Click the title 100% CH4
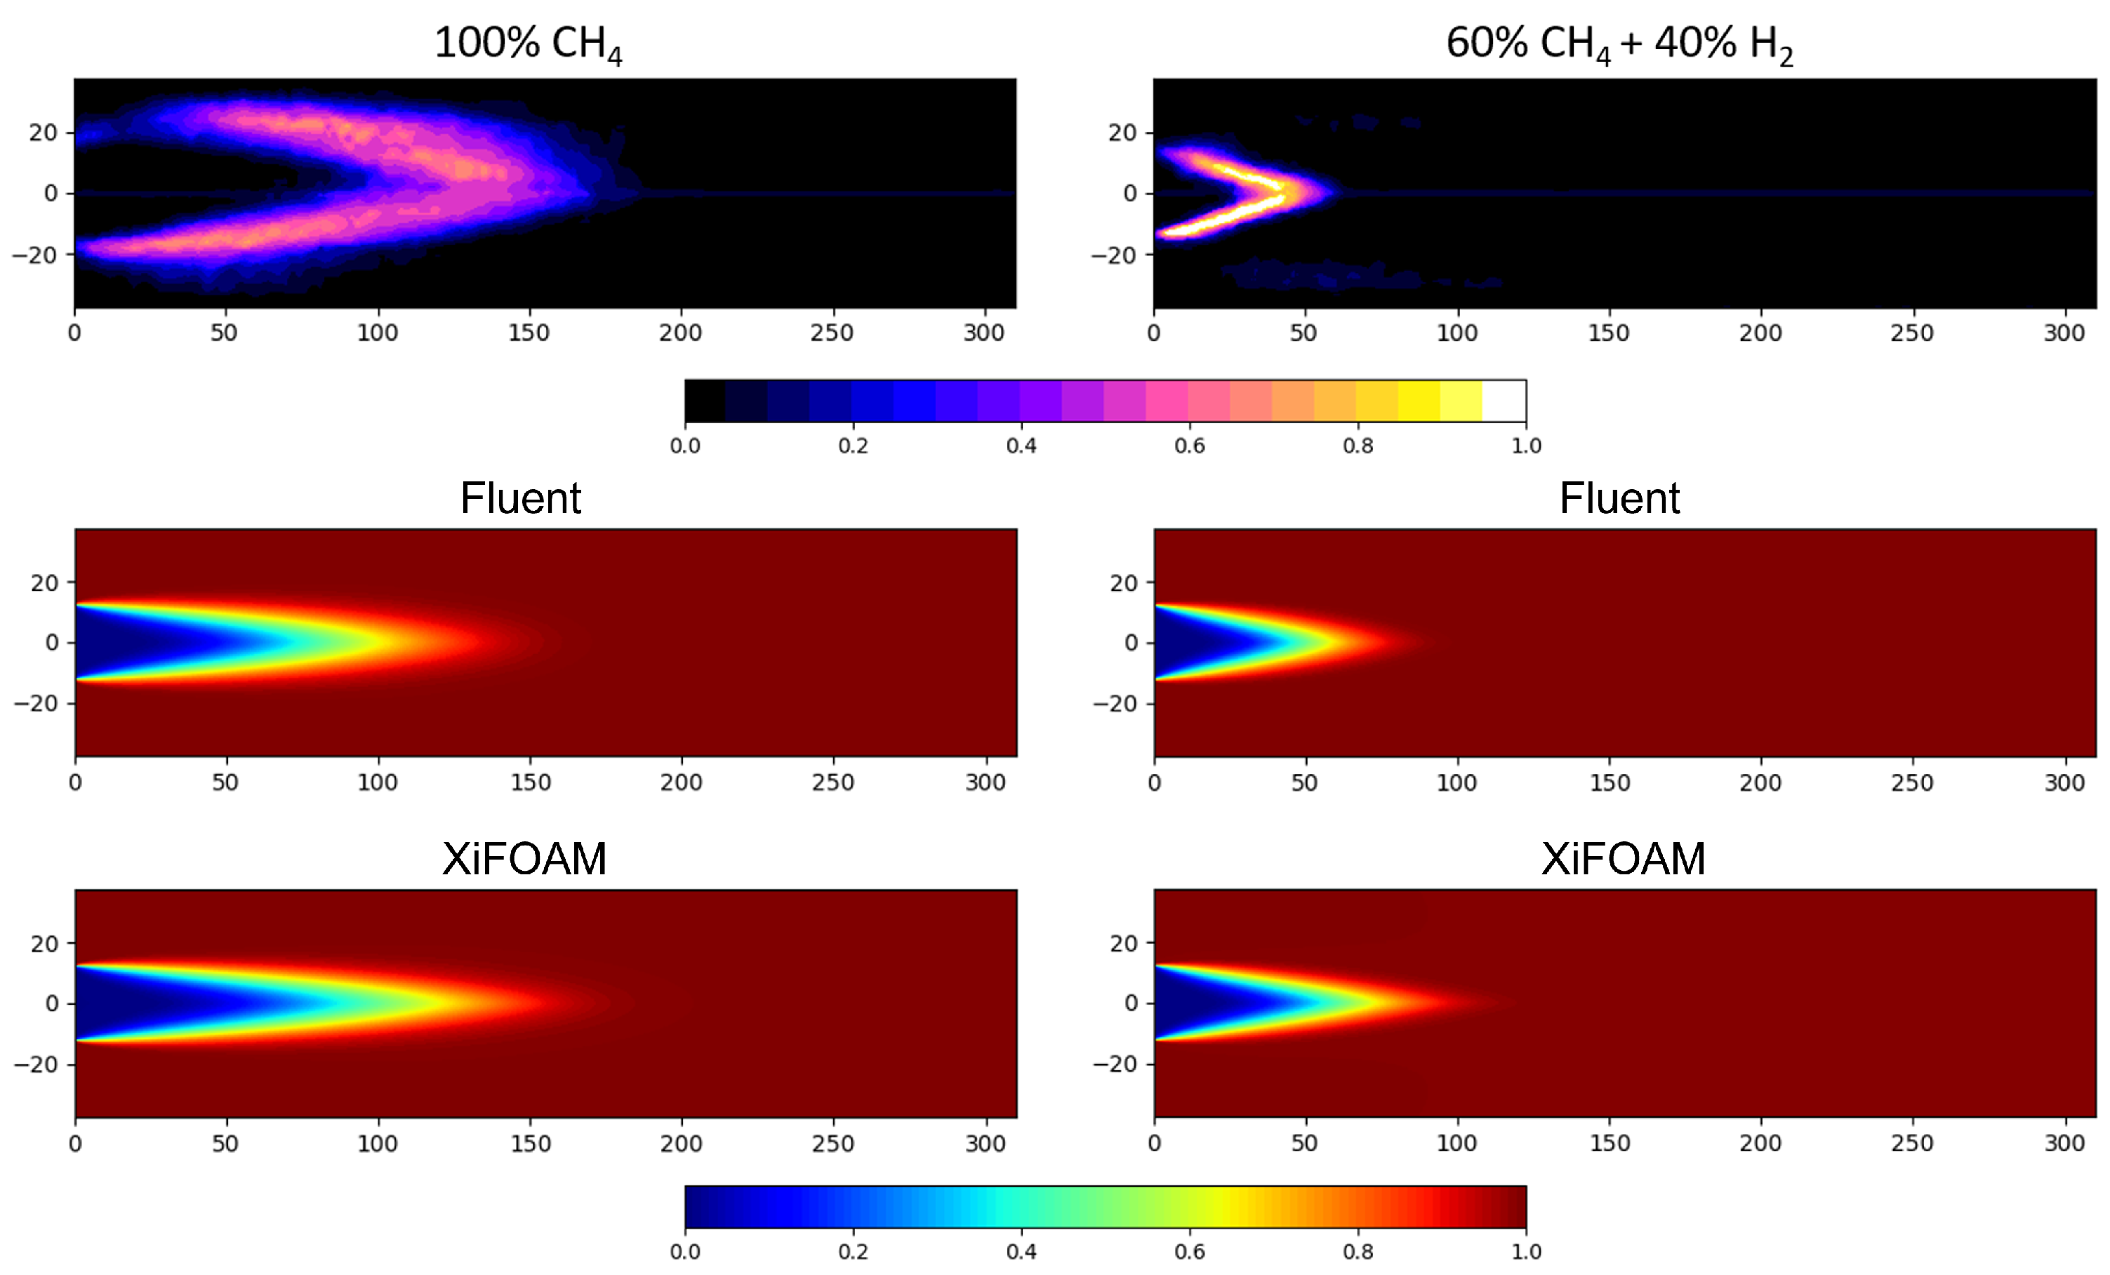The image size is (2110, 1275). (528, 43)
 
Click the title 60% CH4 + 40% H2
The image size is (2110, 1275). (1619, 43)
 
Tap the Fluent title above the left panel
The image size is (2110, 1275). (521, 498)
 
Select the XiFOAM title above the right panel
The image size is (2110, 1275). (1623, 859)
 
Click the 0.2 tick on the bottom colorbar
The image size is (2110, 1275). (853, 1252)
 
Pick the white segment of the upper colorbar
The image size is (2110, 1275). (1504, 401)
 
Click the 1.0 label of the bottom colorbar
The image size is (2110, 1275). (1526, 1252)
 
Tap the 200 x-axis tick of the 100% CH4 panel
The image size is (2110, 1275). (681, 332)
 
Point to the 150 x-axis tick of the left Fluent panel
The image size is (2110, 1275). (530, 782)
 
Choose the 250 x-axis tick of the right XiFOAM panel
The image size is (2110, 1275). (1912, 1143)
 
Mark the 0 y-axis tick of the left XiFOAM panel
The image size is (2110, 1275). (52, 1003)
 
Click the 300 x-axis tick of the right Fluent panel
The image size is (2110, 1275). (2064, 782)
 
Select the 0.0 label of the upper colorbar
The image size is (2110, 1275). (685, 446)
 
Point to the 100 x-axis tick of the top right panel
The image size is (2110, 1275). (1457, 332)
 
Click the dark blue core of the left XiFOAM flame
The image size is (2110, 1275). (128, 1003)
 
